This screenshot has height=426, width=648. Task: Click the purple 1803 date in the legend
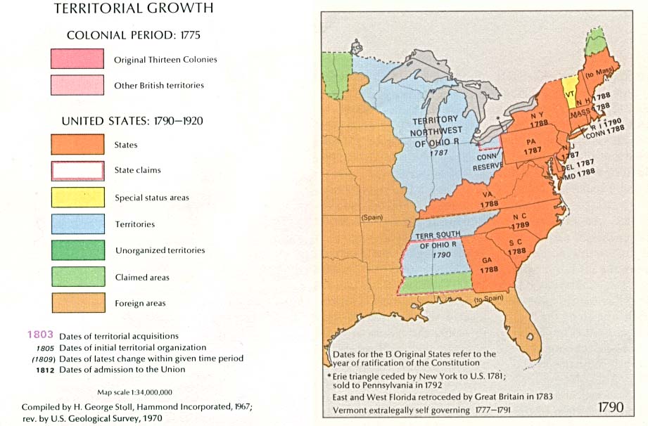(x=40, y=335)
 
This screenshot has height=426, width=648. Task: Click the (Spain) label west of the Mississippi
(x=371, y=217)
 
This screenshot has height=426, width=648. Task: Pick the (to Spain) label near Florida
(x=489, y=300)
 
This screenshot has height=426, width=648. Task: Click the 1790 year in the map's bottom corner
(x=612, y=408)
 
